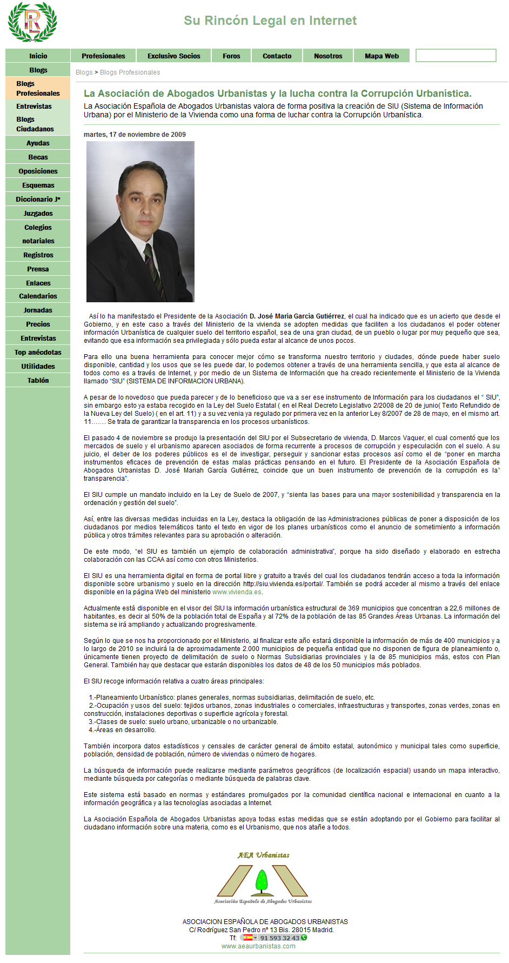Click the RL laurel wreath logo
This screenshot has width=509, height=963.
coord(32,22)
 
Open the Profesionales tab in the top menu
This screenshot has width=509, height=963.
coord(103,56)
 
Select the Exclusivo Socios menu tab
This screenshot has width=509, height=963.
coord(173,56)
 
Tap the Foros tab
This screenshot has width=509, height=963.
coord(231,56)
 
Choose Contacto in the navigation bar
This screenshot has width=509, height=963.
coord(277,56)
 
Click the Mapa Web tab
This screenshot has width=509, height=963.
coord(381,56)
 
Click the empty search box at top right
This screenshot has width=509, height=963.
coord(456,56)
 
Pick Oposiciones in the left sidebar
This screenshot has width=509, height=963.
coord(38,171)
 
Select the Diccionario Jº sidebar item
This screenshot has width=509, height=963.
coord(38,200)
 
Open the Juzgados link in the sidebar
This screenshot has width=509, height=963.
coord(38,214)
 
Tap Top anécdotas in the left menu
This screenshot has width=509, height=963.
coord(38,353)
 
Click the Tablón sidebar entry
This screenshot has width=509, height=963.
coord(38,381)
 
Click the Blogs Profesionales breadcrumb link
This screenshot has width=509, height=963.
coord(130,72)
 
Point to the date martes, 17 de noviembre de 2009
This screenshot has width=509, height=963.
coord(135,135)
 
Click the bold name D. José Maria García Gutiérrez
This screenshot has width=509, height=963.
coord(297,316)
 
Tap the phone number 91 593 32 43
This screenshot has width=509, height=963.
coord(279,938)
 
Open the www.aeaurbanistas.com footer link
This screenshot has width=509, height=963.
coord(258,946)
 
